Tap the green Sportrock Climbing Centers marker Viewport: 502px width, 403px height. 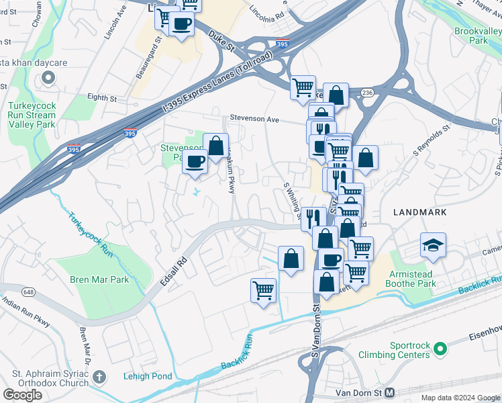click(440, 349)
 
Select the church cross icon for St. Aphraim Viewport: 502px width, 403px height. click(99, 377)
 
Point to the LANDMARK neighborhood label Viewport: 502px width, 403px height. click(419, 212)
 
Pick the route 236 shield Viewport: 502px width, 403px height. click(366, 92)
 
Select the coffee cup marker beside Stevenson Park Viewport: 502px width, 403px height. click(195, 162)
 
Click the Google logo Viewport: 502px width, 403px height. click(22, 395)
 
